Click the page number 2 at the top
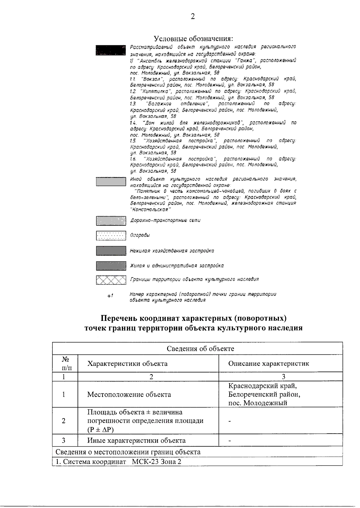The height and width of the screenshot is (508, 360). coord(193,16)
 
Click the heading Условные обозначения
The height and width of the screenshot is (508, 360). coord(193,39)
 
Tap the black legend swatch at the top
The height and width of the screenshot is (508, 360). coord(110,50)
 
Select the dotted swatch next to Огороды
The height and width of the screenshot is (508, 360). coord(111,236)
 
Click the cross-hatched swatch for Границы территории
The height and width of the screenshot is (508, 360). coord(111,280)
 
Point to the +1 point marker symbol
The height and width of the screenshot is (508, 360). coord(110,296)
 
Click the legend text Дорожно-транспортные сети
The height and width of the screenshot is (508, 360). coord(165,220)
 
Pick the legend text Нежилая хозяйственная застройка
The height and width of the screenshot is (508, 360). coord(172,251)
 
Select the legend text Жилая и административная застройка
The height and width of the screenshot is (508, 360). coord(177,266)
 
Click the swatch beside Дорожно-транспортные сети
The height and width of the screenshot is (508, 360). coord(111,221)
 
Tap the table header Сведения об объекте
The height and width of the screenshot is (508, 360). coord(200,348)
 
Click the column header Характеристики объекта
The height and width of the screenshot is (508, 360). coord(127,363)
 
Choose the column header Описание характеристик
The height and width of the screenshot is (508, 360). coord(268,363)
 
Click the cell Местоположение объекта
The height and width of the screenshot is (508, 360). coord(129,394)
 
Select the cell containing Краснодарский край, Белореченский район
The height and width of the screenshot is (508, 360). coord(264,394)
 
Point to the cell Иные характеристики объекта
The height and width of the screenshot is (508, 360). coord(136,441)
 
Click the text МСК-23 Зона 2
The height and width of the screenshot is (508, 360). coord(157,462)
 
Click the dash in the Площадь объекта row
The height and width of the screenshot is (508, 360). coord(230,421)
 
